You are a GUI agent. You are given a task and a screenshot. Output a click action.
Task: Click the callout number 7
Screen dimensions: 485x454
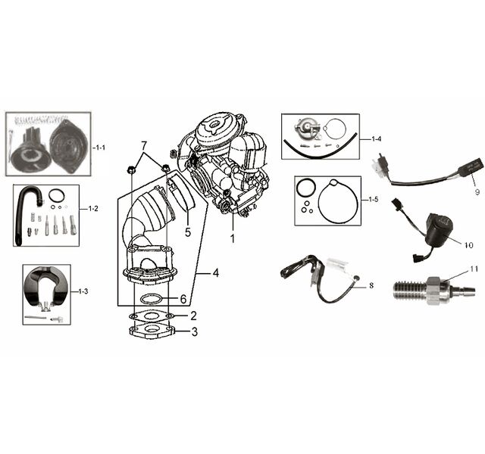[143, 147]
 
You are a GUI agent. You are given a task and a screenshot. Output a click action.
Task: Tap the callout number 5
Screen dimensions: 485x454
[188, 232]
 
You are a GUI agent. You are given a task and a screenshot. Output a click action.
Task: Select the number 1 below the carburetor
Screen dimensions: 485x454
[233, 238]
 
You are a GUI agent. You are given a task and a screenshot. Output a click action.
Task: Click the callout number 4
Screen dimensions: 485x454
[215, 273]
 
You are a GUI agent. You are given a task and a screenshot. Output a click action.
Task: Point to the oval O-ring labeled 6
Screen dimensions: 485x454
[152, 299]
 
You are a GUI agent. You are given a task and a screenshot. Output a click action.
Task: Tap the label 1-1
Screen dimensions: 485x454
[100, 148]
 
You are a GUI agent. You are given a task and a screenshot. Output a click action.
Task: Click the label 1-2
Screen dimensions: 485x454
[93, 209]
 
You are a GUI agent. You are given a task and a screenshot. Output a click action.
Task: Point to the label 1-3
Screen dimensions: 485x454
[83, 291]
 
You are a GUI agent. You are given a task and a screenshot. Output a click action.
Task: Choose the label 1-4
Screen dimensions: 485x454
[376, 139]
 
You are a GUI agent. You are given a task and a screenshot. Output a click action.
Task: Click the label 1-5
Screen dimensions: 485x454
[374, 199]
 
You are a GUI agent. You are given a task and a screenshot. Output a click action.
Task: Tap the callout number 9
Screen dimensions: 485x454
[477, 191]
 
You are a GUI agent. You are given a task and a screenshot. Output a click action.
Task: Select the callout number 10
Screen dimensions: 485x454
[468, 245]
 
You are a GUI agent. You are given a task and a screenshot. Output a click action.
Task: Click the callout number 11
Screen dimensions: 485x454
[474, 269]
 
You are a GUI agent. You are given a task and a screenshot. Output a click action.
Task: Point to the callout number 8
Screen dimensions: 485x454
[371, 286]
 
